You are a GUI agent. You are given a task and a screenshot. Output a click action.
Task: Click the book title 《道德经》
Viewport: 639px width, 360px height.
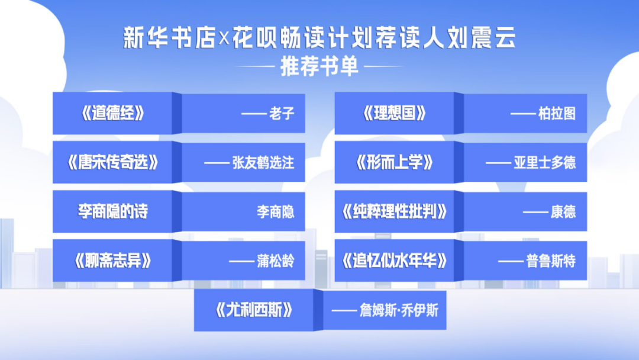point(113,114)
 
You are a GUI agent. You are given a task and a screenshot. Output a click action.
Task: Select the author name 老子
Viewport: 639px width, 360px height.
point(281,114)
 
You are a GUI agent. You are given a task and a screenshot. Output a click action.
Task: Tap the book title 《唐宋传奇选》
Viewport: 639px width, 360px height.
point(113,163)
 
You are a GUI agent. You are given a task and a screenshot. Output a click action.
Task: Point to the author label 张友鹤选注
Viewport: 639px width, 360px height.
point(263,163)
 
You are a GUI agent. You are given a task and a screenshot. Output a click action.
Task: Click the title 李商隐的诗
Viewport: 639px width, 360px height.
point(113,211)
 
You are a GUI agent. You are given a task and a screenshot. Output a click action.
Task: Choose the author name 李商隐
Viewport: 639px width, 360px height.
point(275,212)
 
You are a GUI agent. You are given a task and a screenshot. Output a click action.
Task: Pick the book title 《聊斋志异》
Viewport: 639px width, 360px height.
point(113,261)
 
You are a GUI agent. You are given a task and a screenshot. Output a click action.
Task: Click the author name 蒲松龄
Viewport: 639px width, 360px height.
point(275,261)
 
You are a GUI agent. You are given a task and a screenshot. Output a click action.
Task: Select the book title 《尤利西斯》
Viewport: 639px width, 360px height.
point(254,310)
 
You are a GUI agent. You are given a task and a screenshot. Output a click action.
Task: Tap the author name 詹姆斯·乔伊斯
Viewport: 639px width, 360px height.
point(399,310)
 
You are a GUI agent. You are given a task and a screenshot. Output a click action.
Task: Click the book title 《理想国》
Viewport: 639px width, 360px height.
point(395,114)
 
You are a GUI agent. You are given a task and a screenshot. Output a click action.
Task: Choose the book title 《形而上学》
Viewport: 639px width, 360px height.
point(395,163)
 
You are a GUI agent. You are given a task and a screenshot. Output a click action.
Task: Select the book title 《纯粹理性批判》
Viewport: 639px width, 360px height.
point(395,211)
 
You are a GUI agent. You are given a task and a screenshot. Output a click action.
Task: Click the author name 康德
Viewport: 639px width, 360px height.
point(563,212)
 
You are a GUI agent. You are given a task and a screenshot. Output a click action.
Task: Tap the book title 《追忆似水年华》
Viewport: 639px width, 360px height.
point(395,261)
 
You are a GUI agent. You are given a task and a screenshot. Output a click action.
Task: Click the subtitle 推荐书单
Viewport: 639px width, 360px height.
point(319,66)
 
